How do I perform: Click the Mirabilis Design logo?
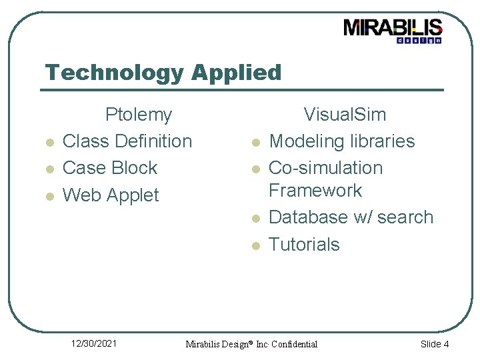point(393,31)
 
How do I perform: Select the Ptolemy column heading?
point(139,115)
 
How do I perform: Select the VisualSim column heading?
point(345,115)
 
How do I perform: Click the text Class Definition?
point(127,141)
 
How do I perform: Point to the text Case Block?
point(109,168)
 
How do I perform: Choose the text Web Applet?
point(111,195)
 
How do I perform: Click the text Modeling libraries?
point(341,141)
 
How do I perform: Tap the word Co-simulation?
point(325,168)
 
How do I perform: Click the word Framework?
point(315,191)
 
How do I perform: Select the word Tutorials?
point(304,245)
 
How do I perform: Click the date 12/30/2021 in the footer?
point(94,343)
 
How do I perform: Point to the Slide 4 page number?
point(434,344)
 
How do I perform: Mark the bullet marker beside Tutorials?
point(254,246)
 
